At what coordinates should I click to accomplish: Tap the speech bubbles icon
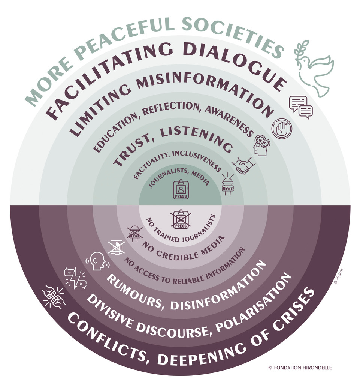(301, 107)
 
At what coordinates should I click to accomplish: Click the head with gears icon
(261, 146)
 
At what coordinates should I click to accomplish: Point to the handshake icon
(243, 165)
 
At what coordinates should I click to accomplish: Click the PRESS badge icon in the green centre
(181, 190)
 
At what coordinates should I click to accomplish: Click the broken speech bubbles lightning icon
(75, 278)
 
